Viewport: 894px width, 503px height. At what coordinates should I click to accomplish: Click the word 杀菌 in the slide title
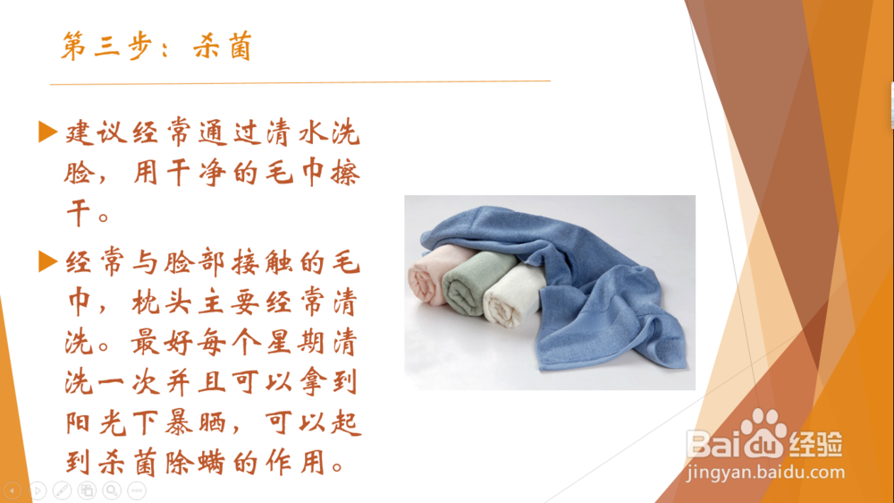223,47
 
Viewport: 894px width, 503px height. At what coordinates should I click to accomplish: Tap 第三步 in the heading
106,46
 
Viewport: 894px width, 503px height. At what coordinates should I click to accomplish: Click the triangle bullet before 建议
48,132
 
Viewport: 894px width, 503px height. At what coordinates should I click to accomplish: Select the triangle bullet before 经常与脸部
48,262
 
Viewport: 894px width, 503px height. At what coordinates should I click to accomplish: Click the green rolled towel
471,283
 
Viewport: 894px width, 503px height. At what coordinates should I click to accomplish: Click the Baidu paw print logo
761,432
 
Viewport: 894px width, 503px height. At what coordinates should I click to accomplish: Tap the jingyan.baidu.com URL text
766,473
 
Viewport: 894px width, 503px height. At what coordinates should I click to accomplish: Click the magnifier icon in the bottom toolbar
112,490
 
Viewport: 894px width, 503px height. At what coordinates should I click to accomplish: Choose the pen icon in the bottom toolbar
63,490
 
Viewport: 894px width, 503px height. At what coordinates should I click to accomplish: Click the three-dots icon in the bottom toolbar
137,490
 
